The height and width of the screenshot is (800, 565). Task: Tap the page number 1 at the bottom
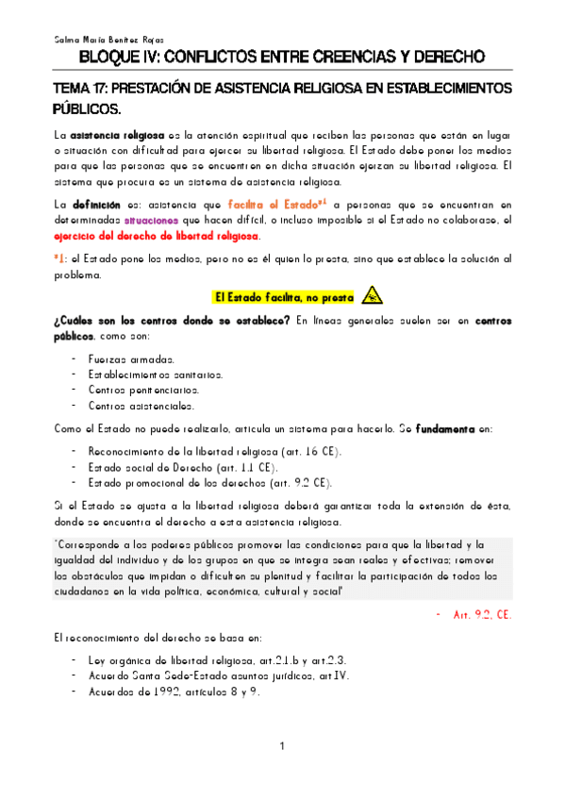pos(282,748)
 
